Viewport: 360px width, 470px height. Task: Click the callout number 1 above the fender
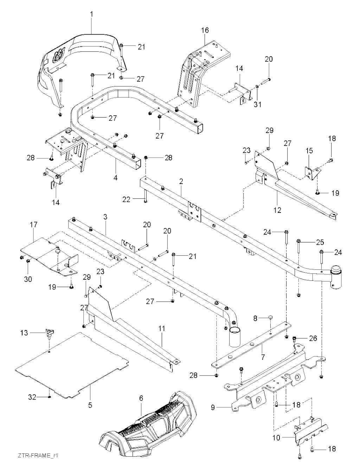click(92, 14)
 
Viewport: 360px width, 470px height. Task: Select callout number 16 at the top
click(205, 30)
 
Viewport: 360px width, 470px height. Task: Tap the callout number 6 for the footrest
click(141, 398)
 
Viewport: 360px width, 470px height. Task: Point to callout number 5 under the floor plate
click(90, 405)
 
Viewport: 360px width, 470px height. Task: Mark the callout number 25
click(320, 242)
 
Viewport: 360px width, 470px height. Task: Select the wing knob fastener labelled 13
click(48, 332)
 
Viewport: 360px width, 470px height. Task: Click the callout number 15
click(309, 151)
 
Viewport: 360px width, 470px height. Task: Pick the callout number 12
click(278, 210)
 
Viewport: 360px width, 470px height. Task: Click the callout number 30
click(28, 279)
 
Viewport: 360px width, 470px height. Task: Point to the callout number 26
click(313, 338)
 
